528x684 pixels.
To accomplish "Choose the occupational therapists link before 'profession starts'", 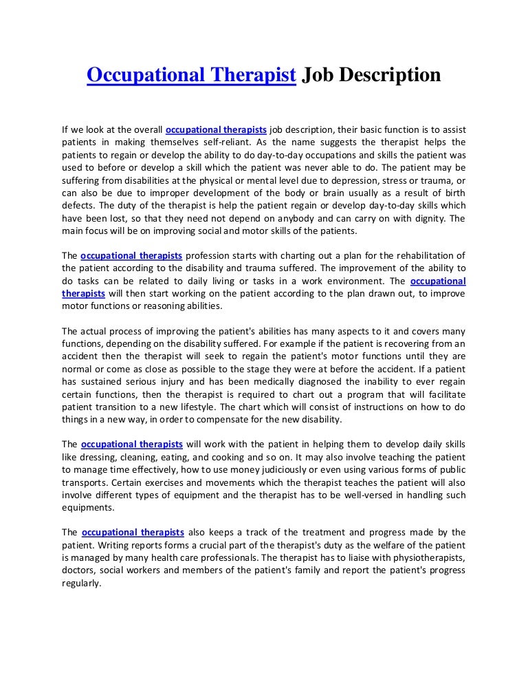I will tap(131, 256).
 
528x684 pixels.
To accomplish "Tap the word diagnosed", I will tap(289, 383).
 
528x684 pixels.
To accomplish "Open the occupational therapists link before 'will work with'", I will tap(131, 445).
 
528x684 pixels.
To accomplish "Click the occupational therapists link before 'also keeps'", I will tap(132, 533).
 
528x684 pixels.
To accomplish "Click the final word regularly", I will tap(81, 584).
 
